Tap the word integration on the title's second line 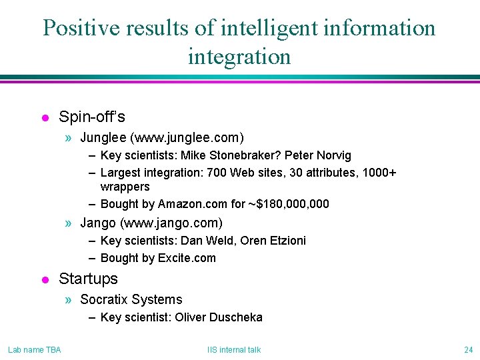pos(239,57)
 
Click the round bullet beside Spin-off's pos(45,118)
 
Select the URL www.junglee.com pos(187,138)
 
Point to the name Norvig pos(333,155)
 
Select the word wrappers pos(125,187)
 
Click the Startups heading pos(88,279)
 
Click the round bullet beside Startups pos(45,279)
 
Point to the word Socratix pos(104,299)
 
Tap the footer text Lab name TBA pos(35,350)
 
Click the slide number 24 pos(467,350)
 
